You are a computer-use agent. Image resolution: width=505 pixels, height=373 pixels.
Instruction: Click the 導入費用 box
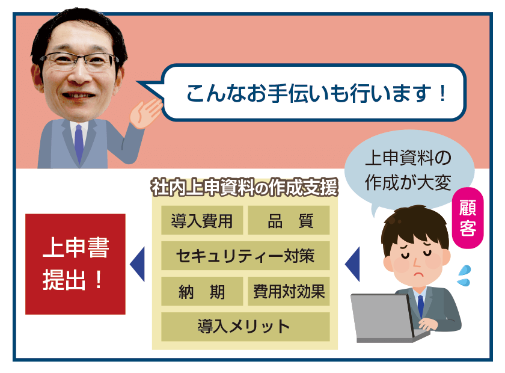click(x=202, y=220)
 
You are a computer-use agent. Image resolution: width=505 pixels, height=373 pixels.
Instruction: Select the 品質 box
click(x=289, y=220)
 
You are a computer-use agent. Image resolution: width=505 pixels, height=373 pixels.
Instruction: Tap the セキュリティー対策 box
click(x=245, y=256)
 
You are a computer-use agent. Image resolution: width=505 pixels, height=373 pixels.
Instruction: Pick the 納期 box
click(x=202, y=291)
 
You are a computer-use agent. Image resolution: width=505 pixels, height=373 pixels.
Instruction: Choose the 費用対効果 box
click(x=289, y=291)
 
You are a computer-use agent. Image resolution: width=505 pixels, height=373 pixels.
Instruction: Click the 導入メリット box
click(x=245, y=327)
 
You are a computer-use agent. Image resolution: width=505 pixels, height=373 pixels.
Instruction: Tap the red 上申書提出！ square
click(x=75, y=264)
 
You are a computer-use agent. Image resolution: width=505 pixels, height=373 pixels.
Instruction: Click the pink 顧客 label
click(x=468, y=218)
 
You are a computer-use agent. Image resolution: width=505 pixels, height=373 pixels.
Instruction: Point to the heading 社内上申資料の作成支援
click(x=245, y=187)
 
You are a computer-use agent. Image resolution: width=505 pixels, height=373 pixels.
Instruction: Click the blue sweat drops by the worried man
click(x=464, y=276)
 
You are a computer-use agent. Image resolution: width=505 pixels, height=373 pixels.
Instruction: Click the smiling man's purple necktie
click(x=79, y=143)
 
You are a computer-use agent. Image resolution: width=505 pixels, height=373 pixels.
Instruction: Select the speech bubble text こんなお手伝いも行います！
click(x=316, y=93)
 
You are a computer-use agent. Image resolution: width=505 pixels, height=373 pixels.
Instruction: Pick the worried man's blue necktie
click(x=420, y=306)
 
